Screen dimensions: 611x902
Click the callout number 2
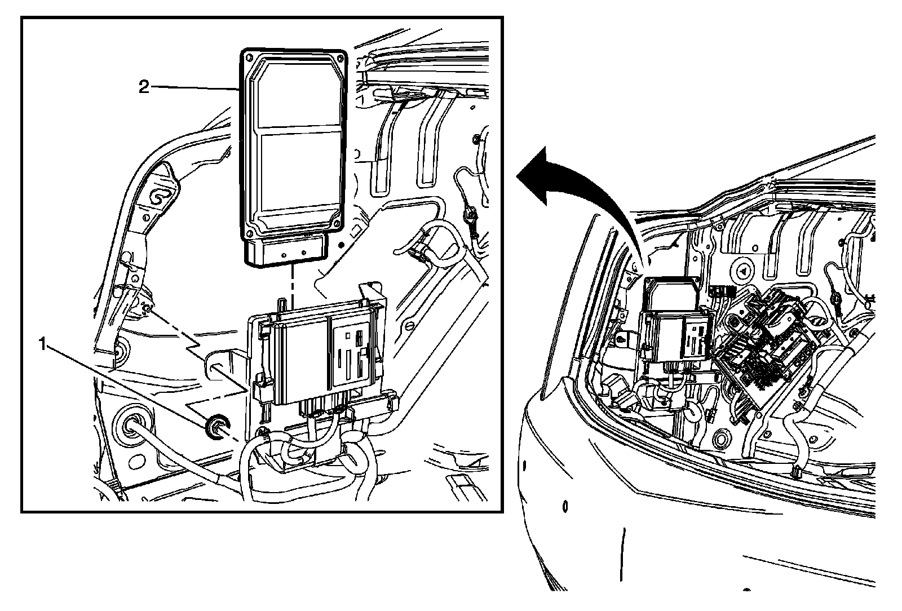[x=144, y=87]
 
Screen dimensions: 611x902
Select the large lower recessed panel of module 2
[x=299, y=172]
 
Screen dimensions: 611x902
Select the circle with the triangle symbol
[x=744, y=272]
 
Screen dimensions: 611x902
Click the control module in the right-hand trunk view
[x=674, y=321]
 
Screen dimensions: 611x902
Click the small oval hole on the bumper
[x=565, y=505]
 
